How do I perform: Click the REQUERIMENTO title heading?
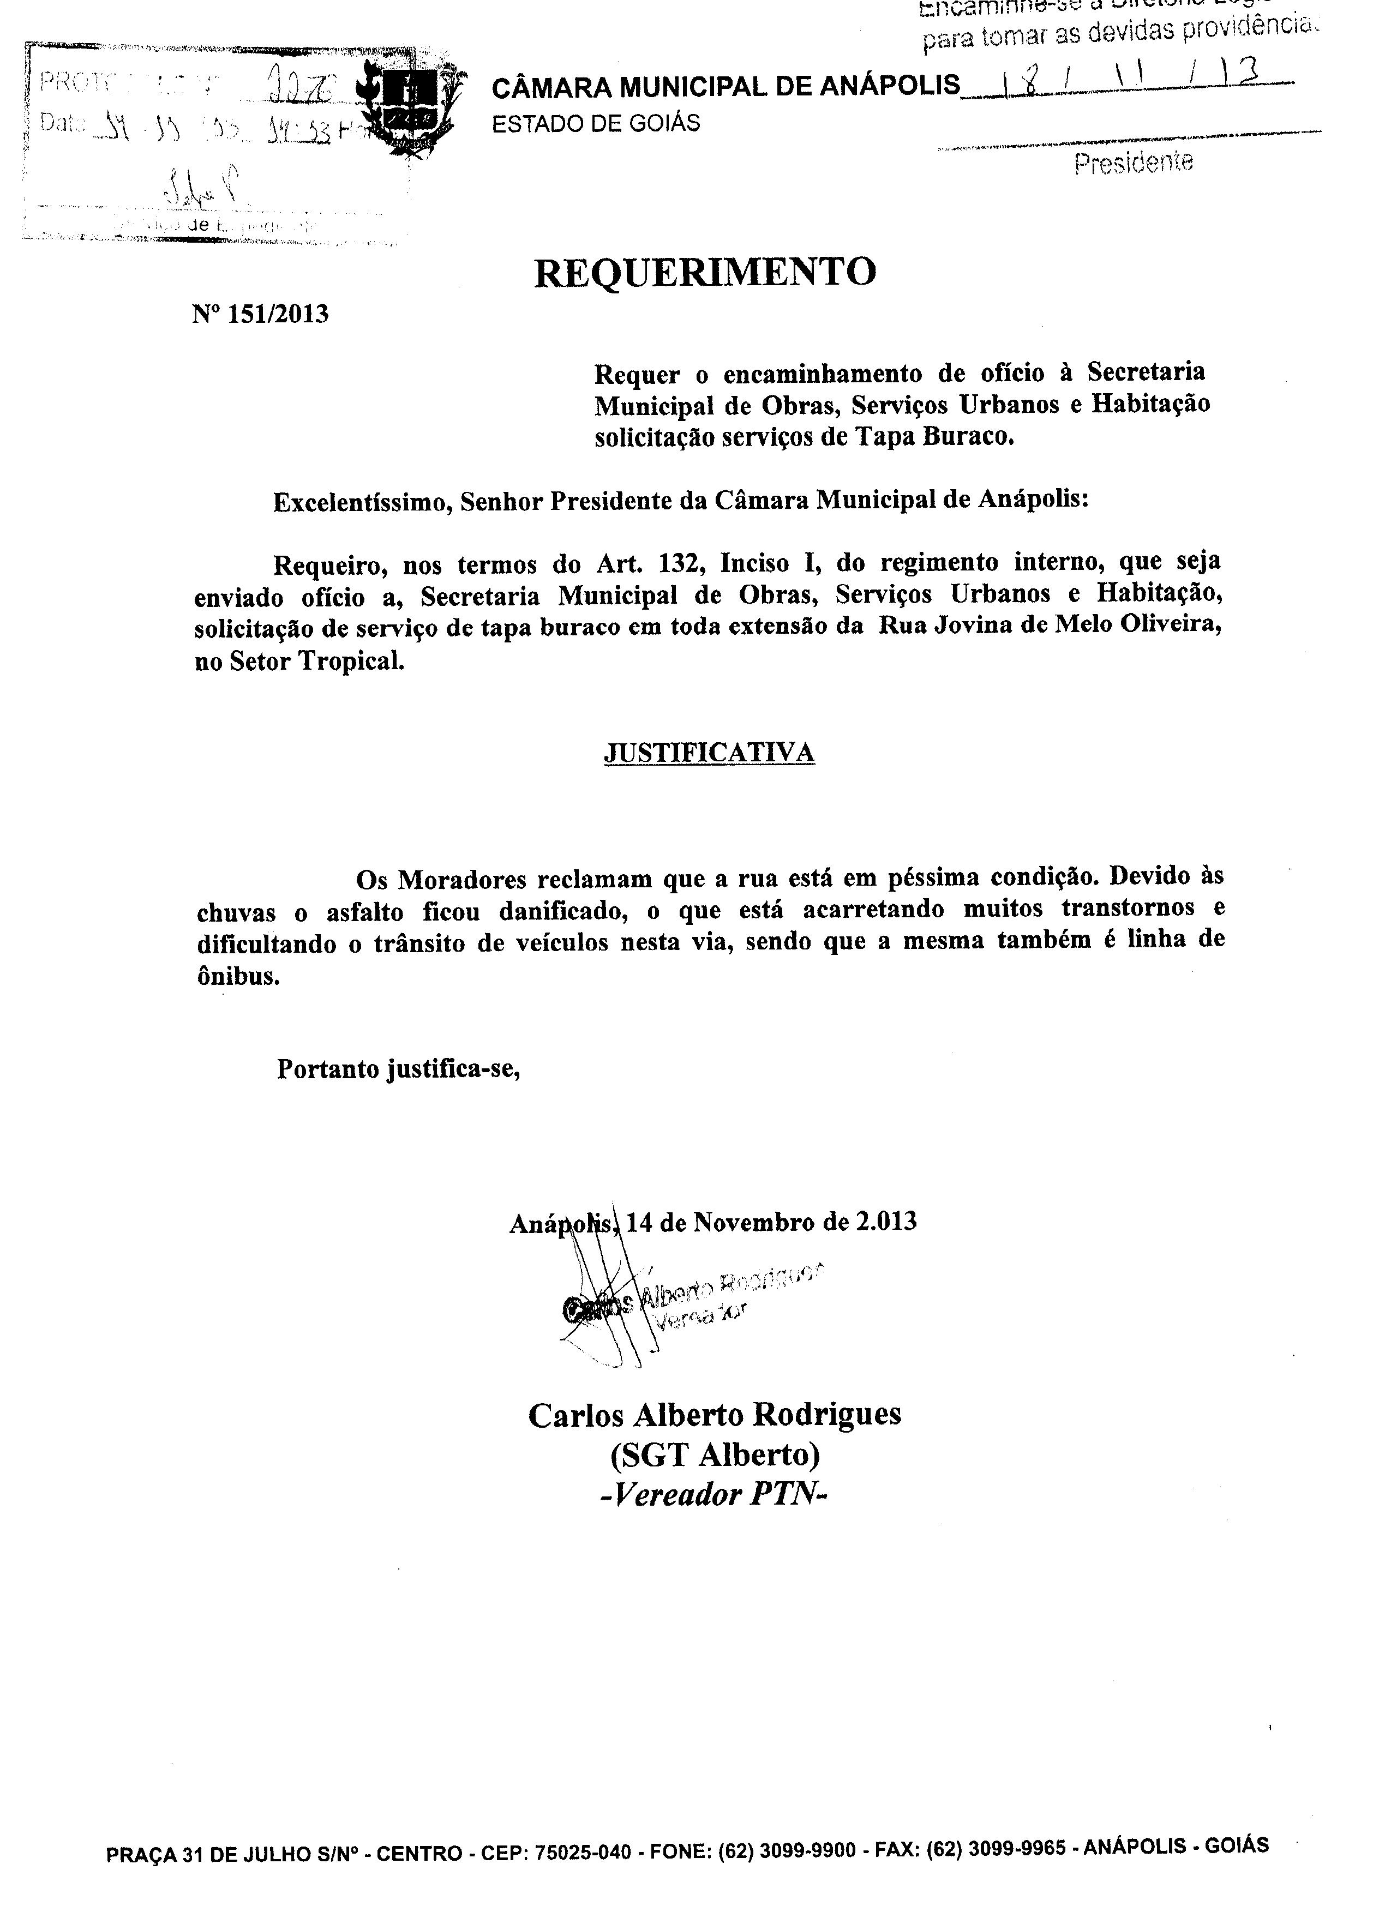[x=705, y=272]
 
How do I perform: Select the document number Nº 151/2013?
[x=261, y=315]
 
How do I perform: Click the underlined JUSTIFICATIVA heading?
[x=709, y=752]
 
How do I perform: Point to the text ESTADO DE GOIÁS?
[x=596, y=124]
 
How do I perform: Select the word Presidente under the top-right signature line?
[x=1134, y=162]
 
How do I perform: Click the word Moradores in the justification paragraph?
[x=462, y=879]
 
